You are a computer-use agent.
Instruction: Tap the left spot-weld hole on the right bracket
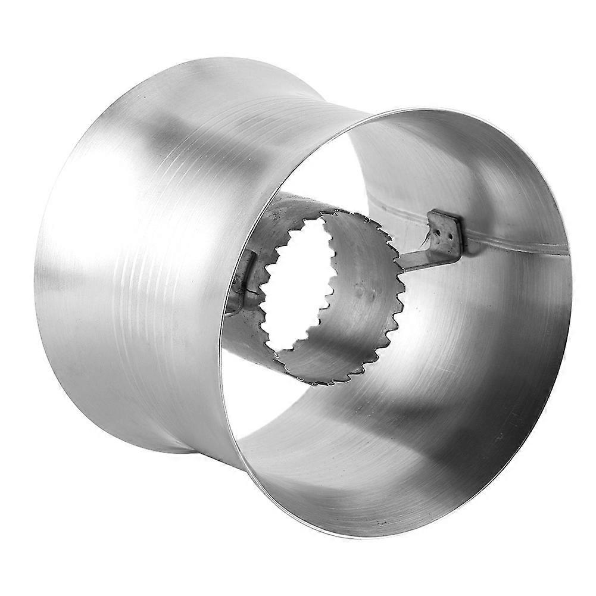point(438,226)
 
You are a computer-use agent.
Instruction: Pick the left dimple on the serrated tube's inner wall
point(359,291)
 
